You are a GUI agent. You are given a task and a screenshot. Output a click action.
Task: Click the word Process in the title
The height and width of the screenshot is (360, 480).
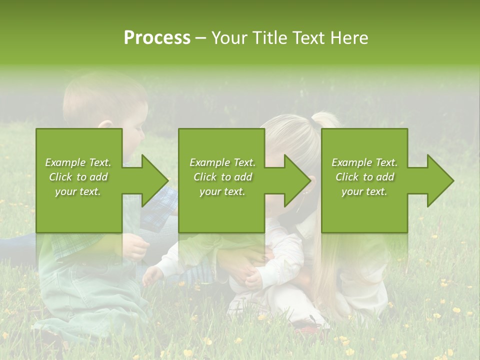[157, 38]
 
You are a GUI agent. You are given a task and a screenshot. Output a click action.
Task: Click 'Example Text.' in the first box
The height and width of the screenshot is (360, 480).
[78, 162]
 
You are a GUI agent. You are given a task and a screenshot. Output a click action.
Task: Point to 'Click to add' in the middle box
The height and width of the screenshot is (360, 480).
[222, 177]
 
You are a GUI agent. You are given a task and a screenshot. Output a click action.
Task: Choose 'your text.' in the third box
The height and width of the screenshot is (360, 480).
[364, 191]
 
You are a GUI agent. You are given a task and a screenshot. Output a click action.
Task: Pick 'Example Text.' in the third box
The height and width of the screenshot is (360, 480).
[364, 162]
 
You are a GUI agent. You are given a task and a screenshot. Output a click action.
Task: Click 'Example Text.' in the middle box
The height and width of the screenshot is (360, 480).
[222, 162]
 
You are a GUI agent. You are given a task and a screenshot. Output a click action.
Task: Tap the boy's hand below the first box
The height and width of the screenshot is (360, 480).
[135, 246]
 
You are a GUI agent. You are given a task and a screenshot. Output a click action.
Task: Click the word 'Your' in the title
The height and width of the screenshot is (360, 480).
[229, 38]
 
